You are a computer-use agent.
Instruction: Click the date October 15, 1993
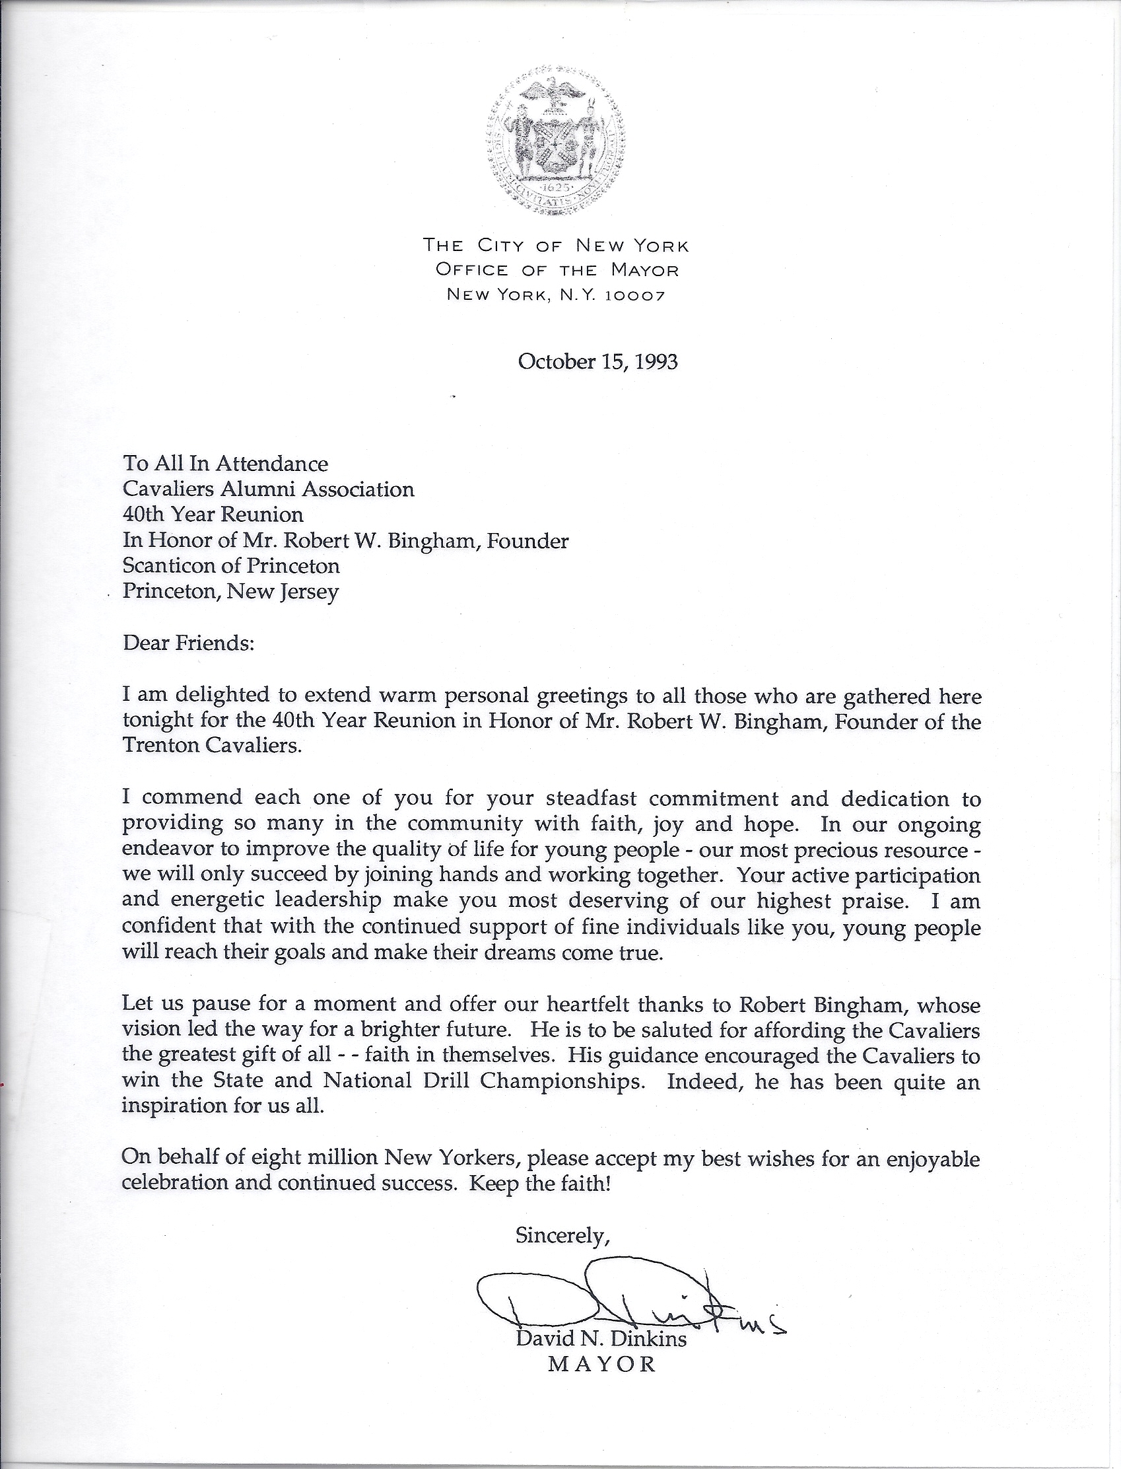point(597,362)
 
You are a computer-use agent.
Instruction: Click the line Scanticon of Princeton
point(231,566)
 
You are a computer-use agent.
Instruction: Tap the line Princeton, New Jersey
point(231,591)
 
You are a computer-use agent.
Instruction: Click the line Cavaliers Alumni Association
point(268,489)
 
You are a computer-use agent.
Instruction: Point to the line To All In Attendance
point(225,463)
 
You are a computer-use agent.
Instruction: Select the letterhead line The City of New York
point(556,246)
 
